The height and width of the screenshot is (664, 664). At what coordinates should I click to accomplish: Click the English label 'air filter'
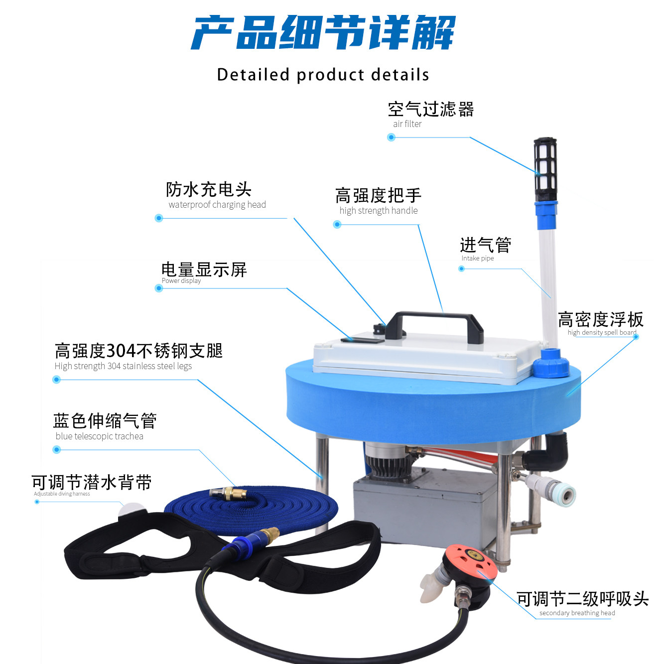pos(407,124)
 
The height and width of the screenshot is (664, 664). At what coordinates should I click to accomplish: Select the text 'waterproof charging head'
pos(217,205)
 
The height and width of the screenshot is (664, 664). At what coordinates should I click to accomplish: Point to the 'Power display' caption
pos(181,281)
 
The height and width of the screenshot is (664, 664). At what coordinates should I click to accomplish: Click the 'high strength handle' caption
pos(378,211)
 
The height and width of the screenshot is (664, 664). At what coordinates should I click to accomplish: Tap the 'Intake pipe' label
pos(477,258)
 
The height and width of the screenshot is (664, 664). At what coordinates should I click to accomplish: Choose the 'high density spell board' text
pos(602,332)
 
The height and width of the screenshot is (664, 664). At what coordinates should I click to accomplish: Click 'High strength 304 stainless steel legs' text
pos(123,366)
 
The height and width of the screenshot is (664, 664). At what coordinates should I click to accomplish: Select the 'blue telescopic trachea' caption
pos(99,436)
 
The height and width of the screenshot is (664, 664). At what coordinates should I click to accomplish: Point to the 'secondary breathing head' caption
pos(577,613)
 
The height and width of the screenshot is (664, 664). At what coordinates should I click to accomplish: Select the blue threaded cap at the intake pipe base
pos(550,364)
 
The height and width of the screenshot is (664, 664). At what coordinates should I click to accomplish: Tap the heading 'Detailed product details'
pos(323,75)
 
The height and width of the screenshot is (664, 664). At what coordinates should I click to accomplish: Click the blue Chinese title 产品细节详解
pos(323,33)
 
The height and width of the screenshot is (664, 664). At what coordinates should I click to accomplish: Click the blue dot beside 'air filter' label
pos(391,137)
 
